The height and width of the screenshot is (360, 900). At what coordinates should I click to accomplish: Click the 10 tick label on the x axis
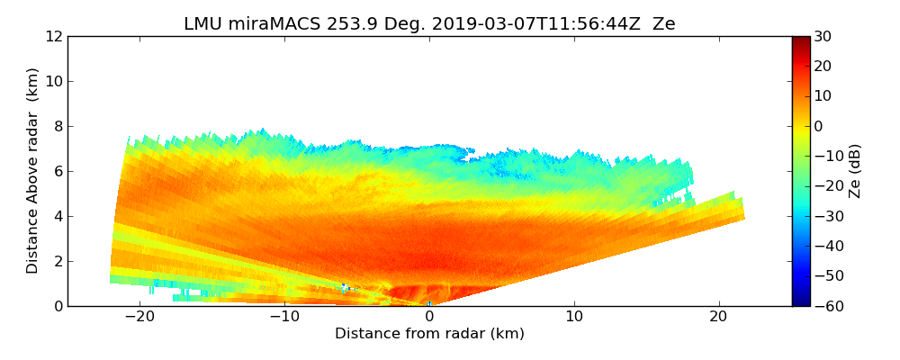(x=574, y=317)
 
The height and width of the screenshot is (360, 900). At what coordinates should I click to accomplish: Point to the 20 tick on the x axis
(x=718, y=317)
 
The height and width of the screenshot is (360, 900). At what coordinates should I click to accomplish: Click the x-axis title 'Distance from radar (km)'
(x=429, y=334)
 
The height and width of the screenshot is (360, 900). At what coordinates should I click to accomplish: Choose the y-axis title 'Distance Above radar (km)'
(x=33, y=170)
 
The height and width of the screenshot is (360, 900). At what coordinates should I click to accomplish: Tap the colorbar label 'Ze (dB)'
(x=855, y=170)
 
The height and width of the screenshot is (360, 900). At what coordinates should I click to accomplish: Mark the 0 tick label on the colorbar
(x=819, y=126)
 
